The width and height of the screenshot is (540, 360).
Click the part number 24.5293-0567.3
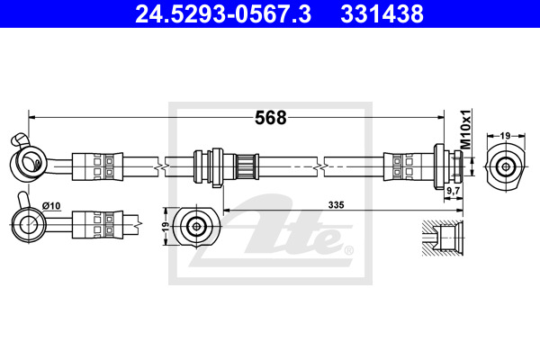[x=223, y=13]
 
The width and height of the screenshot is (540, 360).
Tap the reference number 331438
[x=382, y=13]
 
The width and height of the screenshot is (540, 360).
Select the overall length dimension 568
[x=271, y=118]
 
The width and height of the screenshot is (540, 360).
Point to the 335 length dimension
[x=336, y=205]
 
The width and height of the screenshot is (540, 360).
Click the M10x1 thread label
[x=465, y=130]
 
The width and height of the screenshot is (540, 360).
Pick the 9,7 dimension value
[x=454, y=190]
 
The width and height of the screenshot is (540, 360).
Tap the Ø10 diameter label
[x=51, y=206]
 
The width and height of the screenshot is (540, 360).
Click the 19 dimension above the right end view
[x=505, y=136]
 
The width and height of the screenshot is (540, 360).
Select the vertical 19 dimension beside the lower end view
[x=166, y=226]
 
